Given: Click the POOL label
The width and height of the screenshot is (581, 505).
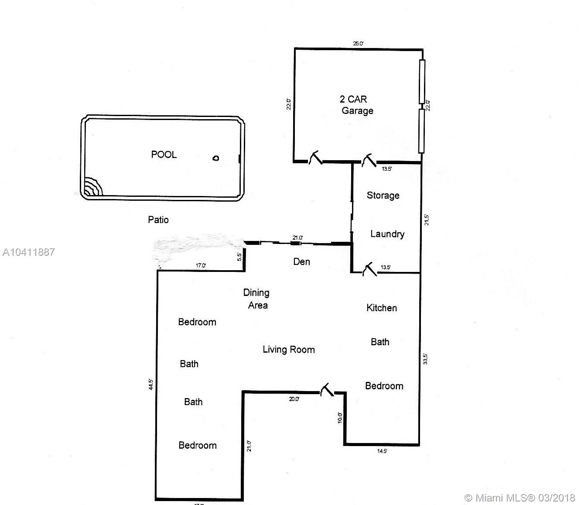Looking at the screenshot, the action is tap(164, 155).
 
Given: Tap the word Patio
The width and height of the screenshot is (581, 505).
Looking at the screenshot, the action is tap(158, 220).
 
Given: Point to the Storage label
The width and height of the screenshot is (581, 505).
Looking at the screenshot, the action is tap(383, 196).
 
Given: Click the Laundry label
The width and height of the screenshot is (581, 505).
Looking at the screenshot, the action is tap(387, 234).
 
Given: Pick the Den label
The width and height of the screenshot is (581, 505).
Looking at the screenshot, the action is tap(301, 262).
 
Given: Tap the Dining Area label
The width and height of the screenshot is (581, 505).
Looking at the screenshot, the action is tap(256, 299).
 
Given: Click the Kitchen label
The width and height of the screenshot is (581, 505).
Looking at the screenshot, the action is tap(382, 308).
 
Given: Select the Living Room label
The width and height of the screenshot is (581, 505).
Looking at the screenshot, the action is tap(289, 350).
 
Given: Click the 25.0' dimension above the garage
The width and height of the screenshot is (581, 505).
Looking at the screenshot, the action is tap(358, 44).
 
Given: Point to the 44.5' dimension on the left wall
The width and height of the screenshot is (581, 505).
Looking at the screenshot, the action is tap(151, 385).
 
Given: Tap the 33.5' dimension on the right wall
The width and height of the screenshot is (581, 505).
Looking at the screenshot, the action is tap(425, 359).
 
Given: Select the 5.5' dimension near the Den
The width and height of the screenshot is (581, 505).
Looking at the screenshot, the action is tap(239, 257).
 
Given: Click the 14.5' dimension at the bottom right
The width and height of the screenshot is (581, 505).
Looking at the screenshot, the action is tap(382, 451).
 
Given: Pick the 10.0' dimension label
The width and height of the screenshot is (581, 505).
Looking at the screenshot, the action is tap(340, 418).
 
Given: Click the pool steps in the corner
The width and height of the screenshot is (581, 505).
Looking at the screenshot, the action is tap(93, 186).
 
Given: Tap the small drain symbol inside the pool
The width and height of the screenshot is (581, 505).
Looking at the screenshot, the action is tap(216, 158).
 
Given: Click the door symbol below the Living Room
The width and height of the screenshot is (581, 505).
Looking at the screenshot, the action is tap(327, 390).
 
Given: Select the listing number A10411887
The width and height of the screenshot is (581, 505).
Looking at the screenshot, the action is tap(29, 252).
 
